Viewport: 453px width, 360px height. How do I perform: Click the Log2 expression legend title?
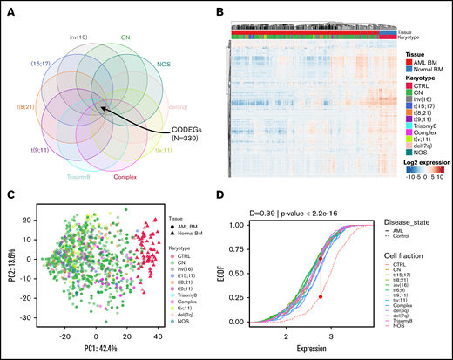tap(427, 160)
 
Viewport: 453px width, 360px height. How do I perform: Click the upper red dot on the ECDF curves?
tap(321, 259)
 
